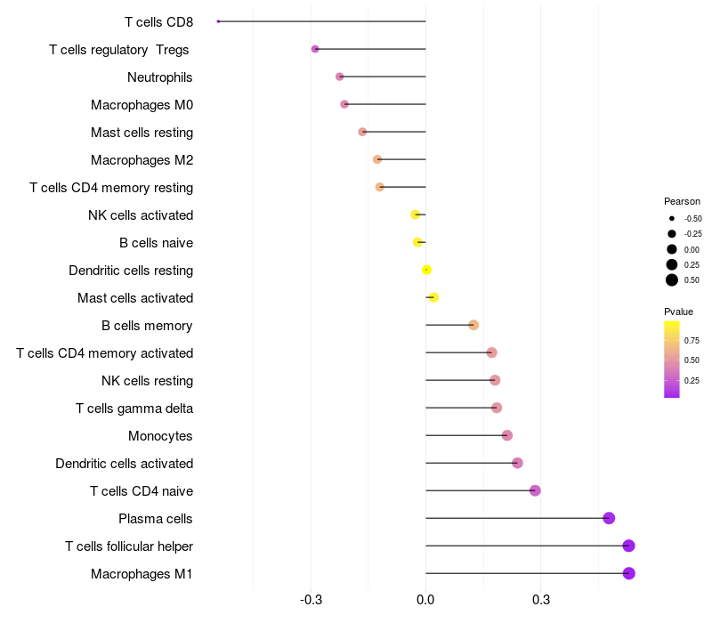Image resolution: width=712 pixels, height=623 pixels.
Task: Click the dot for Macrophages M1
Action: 628,573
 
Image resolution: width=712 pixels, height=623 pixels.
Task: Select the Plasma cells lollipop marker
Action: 609,518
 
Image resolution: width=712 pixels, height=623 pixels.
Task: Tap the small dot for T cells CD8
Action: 218,21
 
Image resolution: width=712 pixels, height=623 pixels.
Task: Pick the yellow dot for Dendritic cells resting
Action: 427,270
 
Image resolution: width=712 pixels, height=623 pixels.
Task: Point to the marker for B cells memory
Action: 473,325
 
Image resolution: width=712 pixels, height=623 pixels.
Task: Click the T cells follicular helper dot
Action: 628,546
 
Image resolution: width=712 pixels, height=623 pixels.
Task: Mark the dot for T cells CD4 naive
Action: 535,490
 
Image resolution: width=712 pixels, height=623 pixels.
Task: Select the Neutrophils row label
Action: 160,77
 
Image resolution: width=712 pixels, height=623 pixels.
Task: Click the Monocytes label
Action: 160,436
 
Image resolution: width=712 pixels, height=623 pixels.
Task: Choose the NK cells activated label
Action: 141,215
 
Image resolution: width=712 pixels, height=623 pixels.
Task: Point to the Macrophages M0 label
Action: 142,105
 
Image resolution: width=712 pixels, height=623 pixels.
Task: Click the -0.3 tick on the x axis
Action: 311,600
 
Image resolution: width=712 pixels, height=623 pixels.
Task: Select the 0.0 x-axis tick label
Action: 425,600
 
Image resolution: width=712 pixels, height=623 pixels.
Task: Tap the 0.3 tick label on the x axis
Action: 540,600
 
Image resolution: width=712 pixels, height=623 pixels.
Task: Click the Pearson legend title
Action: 682,201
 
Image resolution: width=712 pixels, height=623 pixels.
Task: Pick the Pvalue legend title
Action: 678,311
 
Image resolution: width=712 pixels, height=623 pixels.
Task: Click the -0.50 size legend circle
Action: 672,218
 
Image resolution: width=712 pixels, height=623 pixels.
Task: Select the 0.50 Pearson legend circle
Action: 672,280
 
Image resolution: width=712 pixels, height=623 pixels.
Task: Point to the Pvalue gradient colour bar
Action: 672,359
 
